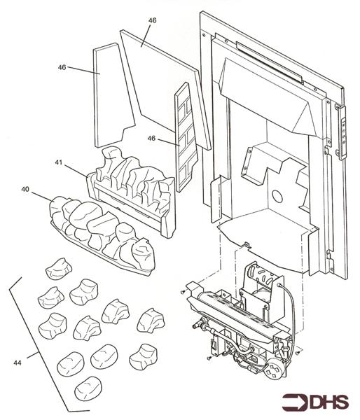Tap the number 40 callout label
25,189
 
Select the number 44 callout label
17,362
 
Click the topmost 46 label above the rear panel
151,20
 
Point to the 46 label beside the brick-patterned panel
151,139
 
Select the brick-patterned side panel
186,136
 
